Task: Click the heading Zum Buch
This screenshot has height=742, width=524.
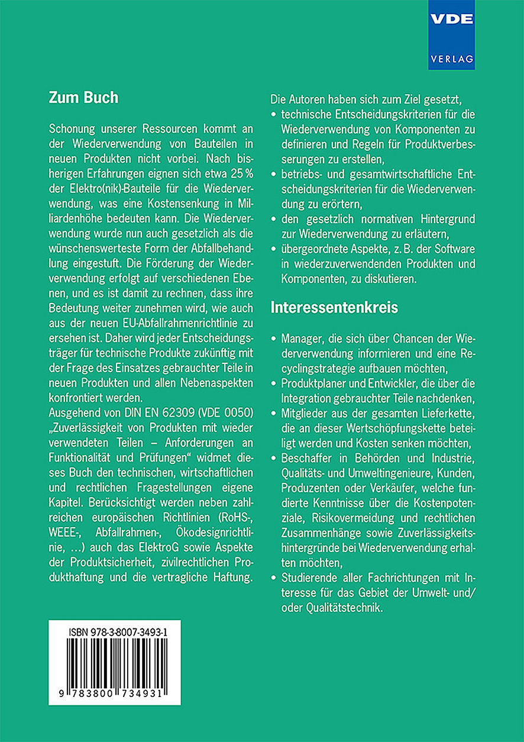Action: (x=83, y=98)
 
